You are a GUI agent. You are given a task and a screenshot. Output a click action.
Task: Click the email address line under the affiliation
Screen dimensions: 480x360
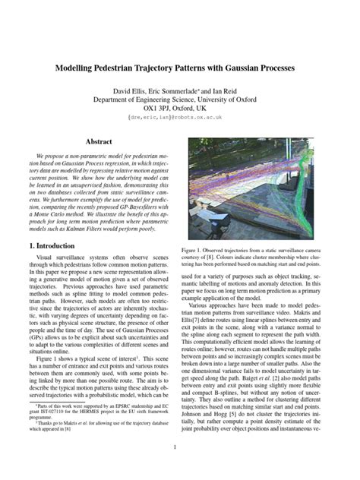coord(180,118)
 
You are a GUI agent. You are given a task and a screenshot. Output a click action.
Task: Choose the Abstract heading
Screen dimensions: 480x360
coord(98,142)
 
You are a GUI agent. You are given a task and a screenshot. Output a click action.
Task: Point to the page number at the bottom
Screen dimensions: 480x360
coord(180,468)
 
